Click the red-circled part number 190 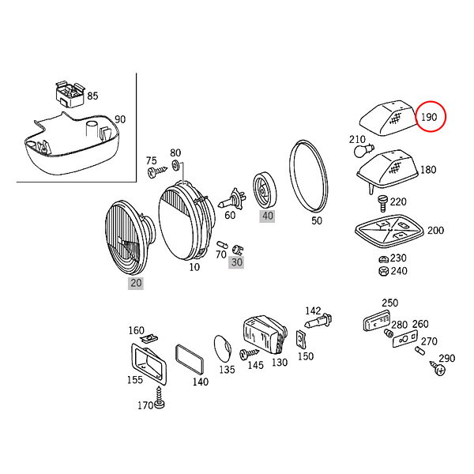(429, 117)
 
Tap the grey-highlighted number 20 (136, 283)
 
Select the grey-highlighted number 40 (267, 216)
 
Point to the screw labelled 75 (156, 172)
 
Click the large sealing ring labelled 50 (308, 177)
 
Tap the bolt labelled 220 (382, 204)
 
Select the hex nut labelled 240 (384, 271)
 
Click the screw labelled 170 (160, 398)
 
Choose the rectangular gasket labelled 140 (190, 359)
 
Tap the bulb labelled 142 (318, 322)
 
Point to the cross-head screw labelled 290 (438, 368)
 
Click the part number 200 (435, 231)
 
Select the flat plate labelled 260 (405, 339)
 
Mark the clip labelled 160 (149, 338)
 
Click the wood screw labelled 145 (249, 354)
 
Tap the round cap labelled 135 (223, 348)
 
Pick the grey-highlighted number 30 (236, 262)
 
